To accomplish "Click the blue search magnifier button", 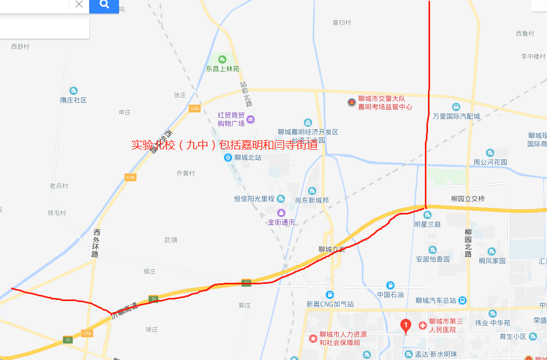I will click(x=104, y=5).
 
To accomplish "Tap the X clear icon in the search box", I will click(x=79, y=4).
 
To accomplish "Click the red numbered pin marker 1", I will click(x=406, y=326).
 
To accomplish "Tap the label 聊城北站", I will click(x=247, y=158).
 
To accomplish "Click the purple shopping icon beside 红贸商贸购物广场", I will click(x=251, y=119).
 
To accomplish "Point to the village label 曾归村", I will click(x=342, y=23).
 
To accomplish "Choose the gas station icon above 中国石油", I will click(x=390, y=285).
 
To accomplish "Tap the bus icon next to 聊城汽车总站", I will click(x=462, y=301).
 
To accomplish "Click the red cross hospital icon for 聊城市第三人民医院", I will click(x=422, y=326).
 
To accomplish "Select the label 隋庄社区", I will click(x=73, y=100).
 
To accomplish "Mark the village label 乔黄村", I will click(x=185, y=173).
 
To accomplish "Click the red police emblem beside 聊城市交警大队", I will click(x=351, y=102).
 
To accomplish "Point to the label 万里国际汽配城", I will click(x=456, y=116).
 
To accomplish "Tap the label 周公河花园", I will click(x=490, y=162).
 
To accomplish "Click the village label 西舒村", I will click(x=20, y=46).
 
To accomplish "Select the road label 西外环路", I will click(x=96, y=243).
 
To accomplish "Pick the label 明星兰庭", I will click(x=427, y=224).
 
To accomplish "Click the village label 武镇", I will click(x=171, y=240).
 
